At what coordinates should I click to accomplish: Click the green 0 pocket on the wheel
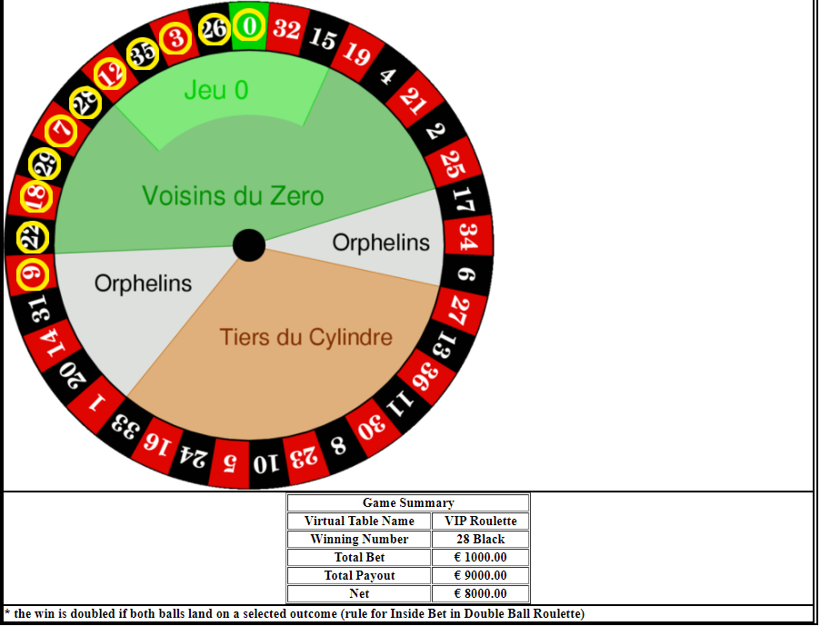point(249,26)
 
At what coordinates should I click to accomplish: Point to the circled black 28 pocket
point(85,103)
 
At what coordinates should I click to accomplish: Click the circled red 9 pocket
point(33,273)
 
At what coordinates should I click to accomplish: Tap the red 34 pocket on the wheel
point(467,236)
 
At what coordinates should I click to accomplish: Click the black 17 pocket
point(464,200)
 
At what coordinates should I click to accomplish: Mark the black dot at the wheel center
point(249,245)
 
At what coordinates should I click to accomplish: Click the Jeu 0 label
point(216,90)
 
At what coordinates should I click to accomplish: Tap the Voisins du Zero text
point(233,196)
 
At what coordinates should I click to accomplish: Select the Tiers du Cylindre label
point(306,337)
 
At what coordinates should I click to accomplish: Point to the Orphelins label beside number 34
point(381,243)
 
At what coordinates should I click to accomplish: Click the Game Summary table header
point(408,502)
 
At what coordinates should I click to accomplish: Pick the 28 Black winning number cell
point(480,539)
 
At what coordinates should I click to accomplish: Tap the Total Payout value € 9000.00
point(480,575)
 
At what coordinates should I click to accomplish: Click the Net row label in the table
point(359,593)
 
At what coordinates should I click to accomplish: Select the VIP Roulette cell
point(480,521)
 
